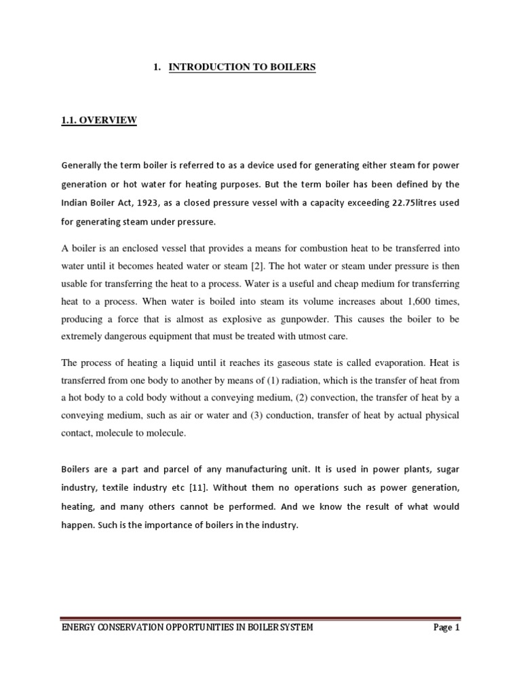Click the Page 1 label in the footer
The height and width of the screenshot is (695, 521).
tap(446, 627)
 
